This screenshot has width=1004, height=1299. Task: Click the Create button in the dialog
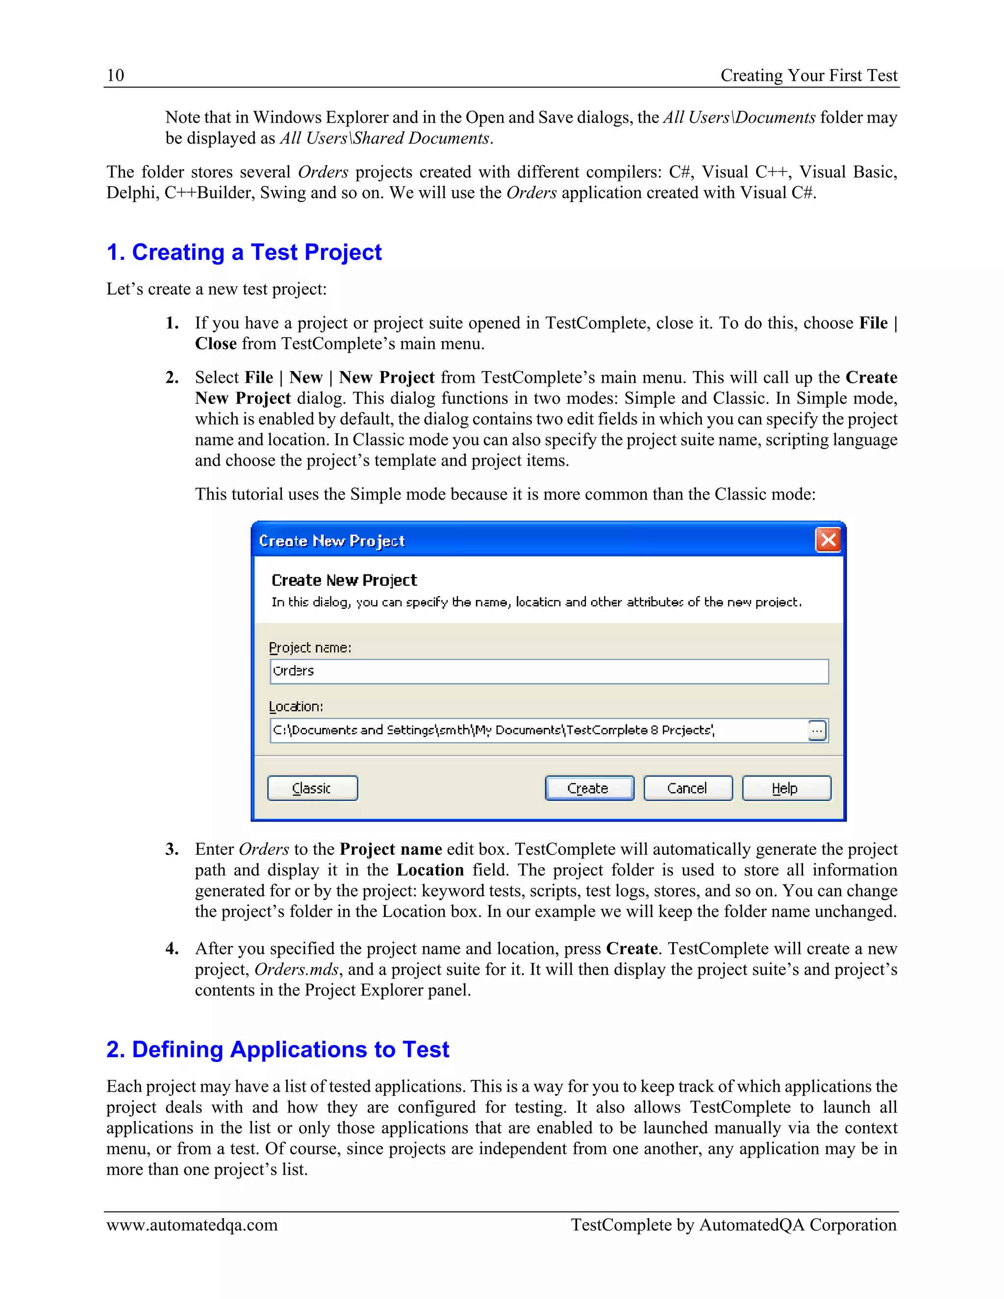(x=589, y=788)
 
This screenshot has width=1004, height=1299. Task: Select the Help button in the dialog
(x=786, y=788)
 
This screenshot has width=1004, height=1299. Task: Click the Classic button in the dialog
(x=312, y=788)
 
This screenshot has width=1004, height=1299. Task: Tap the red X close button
(x=828, y=540)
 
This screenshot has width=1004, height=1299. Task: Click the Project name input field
(x=549, y=672)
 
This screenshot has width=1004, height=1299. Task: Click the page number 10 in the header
(x=115, y=75)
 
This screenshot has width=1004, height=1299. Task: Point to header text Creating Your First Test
(x=808, y=75)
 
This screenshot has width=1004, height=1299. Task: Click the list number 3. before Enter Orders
(x=172, y=849)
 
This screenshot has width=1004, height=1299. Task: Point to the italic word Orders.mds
(x=296, y=970)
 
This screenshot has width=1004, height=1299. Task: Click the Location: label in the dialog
(x=296, y=706)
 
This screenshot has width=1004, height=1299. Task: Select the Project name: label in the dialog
(x=310, y=648)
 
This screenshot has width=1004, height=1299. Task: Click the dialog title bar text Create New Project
(x=332, y=541)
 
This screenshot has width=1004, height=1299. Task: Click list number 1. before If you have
(x=172, y=323)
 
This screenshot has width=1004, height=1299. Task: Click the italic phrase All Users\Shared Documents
(x=385, y=139)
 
